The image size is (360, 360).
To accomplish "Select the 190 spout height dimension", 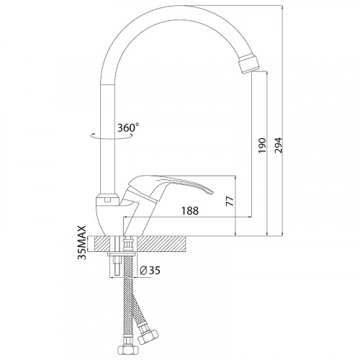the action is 262,146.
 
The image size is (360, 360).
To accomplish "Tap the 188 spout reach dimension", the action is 190,211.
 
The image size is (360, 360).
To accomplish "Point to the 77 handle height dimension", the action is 230,201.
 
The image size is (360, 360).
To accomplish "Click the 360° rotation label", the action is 128,127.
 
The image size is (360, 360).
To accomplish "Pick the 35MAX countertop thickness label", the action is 82,243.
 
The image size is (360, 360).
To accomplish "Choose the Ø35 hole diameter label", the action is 150,271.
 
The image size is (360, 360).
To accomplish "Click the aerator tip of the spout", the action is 249,63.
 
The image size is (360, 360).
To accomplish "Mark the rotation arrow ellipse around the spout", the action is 112,136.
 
